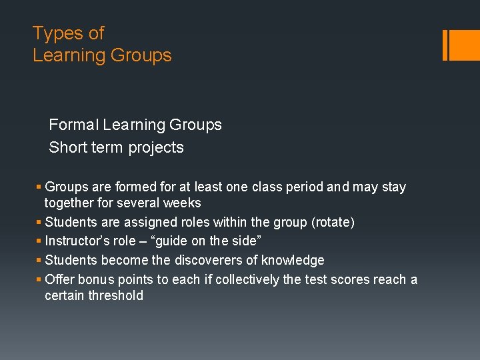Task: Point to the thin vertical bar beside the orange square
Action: [x=445, y=45]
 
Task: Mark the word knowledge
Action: [x=293, y=260]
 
